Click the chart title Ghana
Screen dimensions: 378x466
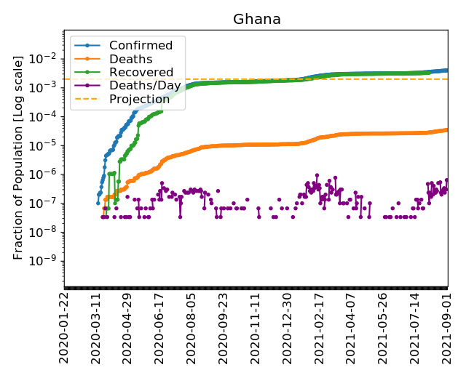tap(256, 20)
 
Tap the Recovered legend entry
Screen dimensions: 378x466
tap(141, 73)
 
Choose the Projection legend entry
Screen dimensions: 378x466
tap(140, 100)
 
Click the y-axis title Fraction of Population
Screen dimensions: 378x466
tap(19, 156)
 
